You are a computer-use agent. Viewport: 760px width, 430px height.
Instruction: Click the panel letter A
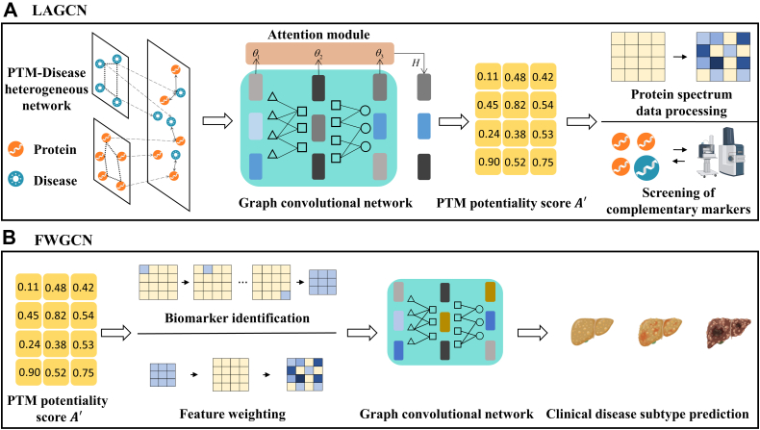(x=11, y=12)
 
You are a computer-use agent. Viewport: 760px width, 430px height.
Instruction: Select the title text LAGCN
(x=55, y=12)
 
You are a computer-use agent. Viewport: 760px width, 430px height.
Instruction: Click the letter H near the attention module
(x=416, y=60)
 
